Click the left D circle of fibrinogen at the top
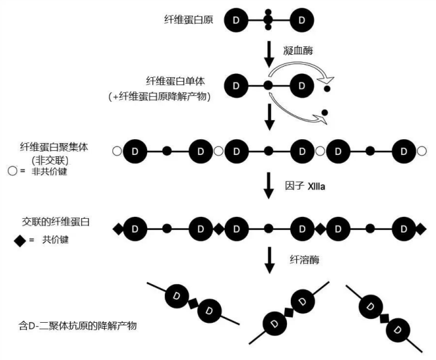[x=236, y=21]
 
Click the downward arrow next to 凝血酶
[x=269, y=54]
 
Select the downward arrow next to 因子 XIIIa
[x=269, y=186]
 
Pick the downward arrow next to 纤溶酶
[x=269, y=260]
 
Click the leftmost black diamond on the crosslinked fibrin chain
[x=118, y=229]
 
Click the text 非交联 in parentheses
[x=56, y=159]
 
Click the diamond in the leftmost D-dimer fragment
[x=193, y=303]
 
